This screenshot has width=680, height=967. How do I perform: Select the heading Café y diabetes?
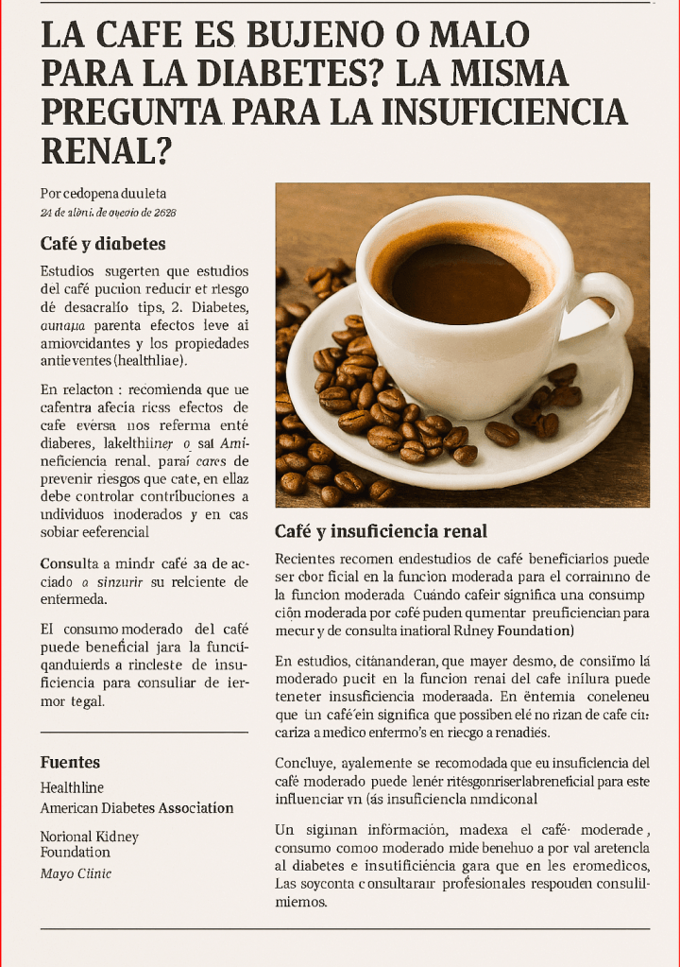(x=103, y=244)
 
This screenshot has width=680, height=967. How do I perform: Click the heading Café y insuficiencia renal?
(x=381, y=531)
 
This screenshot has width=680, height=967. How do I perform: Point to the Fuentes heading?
(x=70, y=762)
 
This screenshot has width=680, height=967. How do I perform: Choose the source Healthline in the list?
(x=72, y=787)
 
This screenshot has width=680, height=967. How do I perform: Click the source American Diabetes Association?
(x=137, y=808)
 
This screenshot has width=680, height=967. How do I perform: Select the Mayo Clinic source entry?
(x=76, y=873)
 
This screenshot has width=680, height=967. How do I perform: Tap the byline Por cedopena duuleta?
(x=103, y=193)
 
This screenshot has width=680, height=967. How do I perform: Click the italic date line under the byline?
(x=108, y=212)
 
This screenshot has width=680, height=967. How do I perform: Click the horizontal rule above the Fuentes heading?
(x=144, y=732)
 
